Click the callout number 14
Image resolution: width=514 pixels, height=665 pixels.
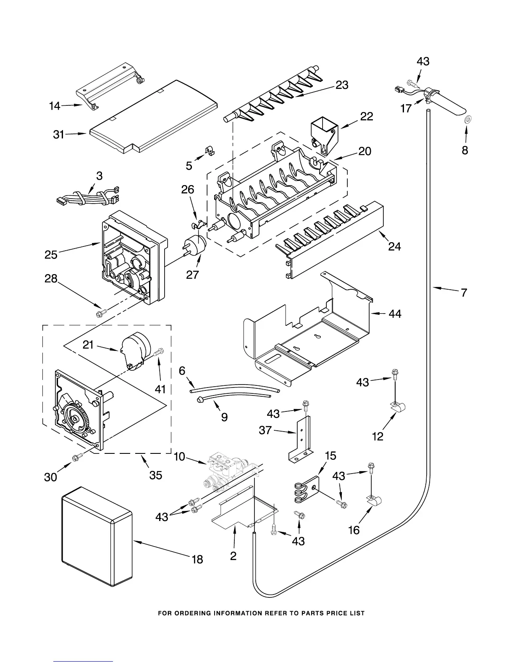55,106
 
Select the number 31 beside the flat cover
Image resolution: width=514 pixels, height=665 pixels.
58,134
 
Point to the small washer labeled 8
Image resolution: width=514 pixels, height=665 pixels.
467,120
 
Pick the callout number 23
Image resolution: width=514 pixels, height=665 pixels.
342,85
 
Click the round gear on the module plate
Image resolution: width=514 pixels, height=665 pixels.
76,418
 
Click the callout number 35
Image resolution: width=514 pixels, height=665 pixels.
156,475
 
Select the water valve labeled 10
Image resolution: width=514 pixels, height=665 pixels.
225,472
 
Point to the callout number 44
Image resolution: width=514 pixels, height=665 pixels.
395,314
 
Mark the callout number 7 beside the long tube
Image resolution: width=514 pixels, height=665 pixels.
464,292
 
